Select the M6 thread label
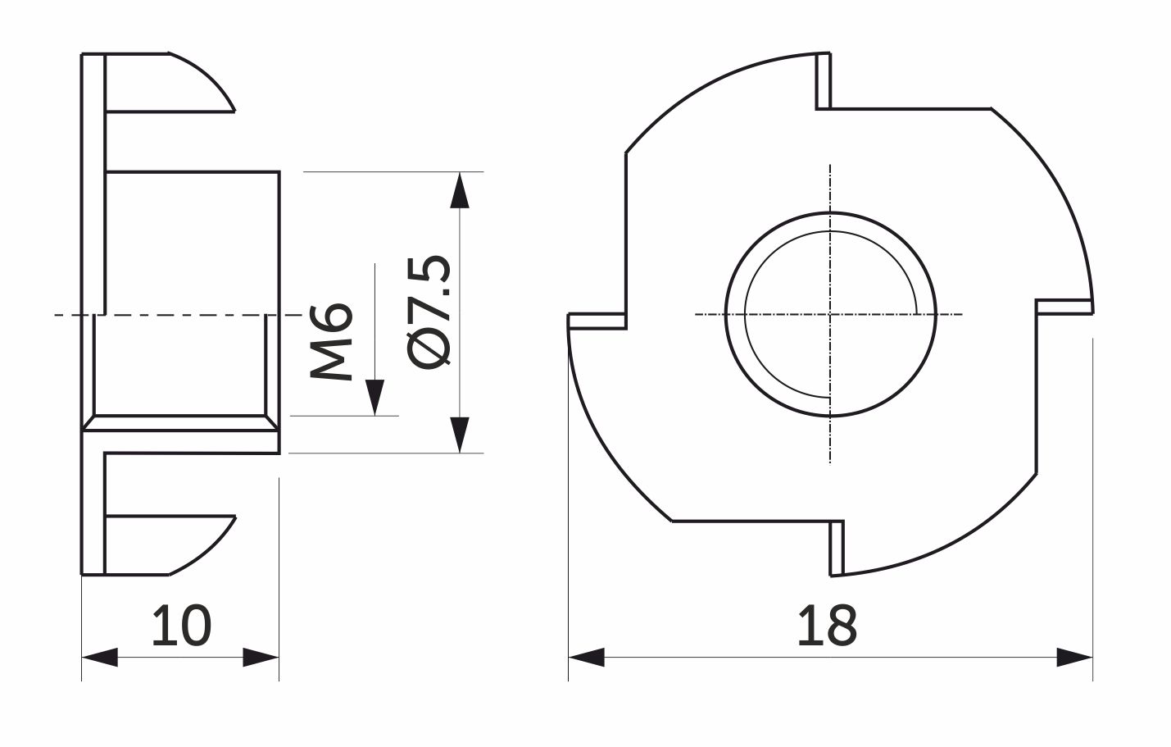[331, 341]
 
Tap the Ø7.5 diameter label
[428, 312]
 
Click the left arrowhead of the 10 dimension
[99, 657]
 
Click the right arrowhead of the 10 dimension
[261, 657]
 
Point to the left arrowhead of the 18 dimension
[587, 657]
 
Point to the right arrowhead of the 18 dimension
[1075, 657]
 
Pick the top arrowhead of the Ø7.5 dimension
[460, 190]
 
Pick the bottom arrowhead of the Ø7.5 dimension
[460, 435]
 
